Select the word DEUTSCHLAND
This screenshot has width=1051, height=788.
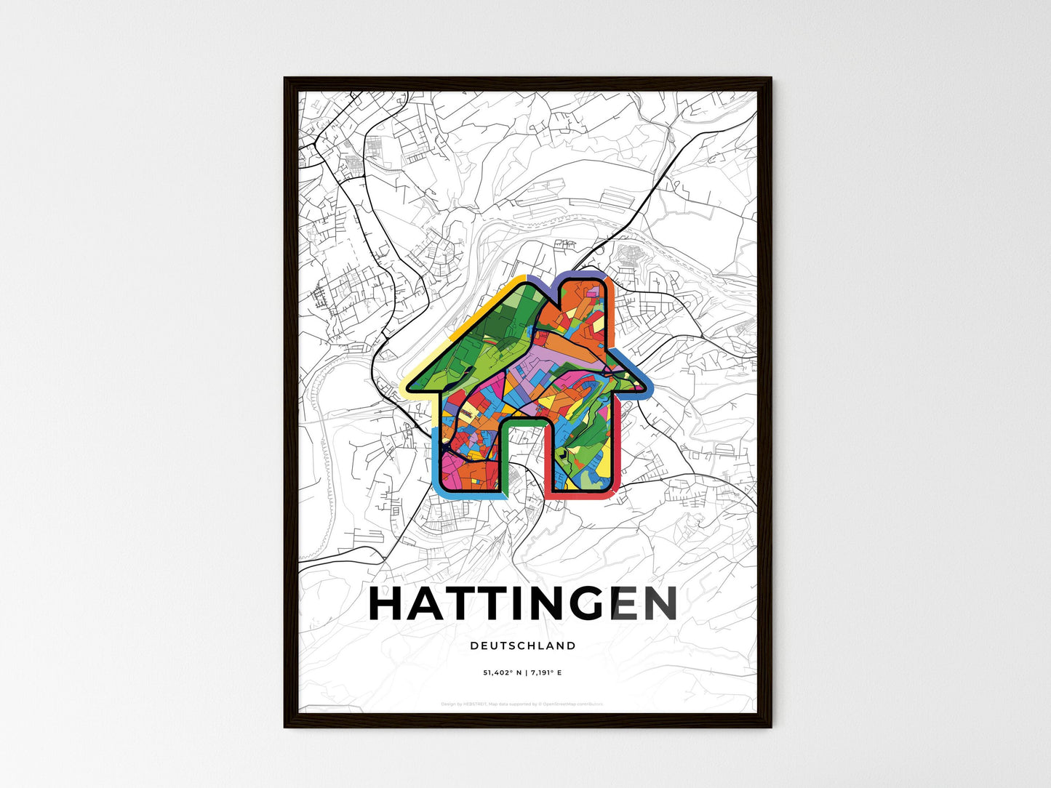click(x=523, y=646)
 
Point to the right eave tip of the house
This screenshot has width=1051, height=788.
click(x=646, y=390)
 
